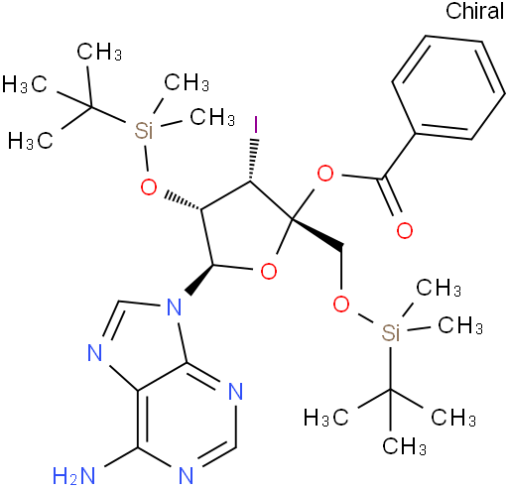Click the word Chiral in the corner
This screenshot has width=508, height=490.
point(474,11)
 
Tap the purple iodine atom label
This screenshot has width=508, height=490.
point(255,125)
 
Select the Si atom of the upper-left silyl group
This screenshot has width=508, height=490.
point(144,130)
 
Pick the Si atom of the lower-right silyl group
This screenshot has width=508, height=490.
point(391,331)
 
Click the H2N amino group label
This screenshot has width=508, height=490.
point(74,476)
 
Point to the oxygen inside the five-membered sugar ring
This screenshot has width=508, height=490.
point(269,272)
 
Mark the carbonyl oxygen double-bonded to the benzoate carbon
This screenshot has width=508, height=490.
point(405,230)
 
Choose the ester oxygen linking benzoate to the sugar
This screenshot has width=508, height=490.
point(325,174)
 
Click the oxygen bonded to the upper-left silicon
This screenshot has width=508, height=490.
point(149,187)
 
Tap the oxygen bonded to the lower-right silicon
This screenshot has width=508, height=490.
point(341,304)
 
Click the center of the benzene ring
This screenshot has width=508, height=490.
point(448,87)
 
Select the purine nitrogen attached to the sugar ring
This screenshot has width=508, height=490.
point(175,306)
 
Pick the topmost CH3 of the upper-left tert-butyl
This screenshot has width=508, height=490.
point(99,52)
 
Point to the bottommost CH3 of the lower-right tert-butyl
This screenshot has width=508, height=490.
point(404,445)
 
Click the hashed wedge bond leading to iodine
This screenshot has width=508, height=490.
point(253,160)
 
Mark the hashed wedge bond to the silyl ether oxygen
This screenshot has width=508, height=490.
point(184,200)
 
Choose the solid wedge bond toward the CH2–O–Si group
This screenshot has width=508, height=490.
point(317,234)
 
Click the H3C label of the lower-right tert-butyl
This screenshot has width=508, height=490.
point(325,418)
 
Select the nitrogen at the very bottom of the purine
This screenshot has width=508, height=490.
point(186,476)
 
